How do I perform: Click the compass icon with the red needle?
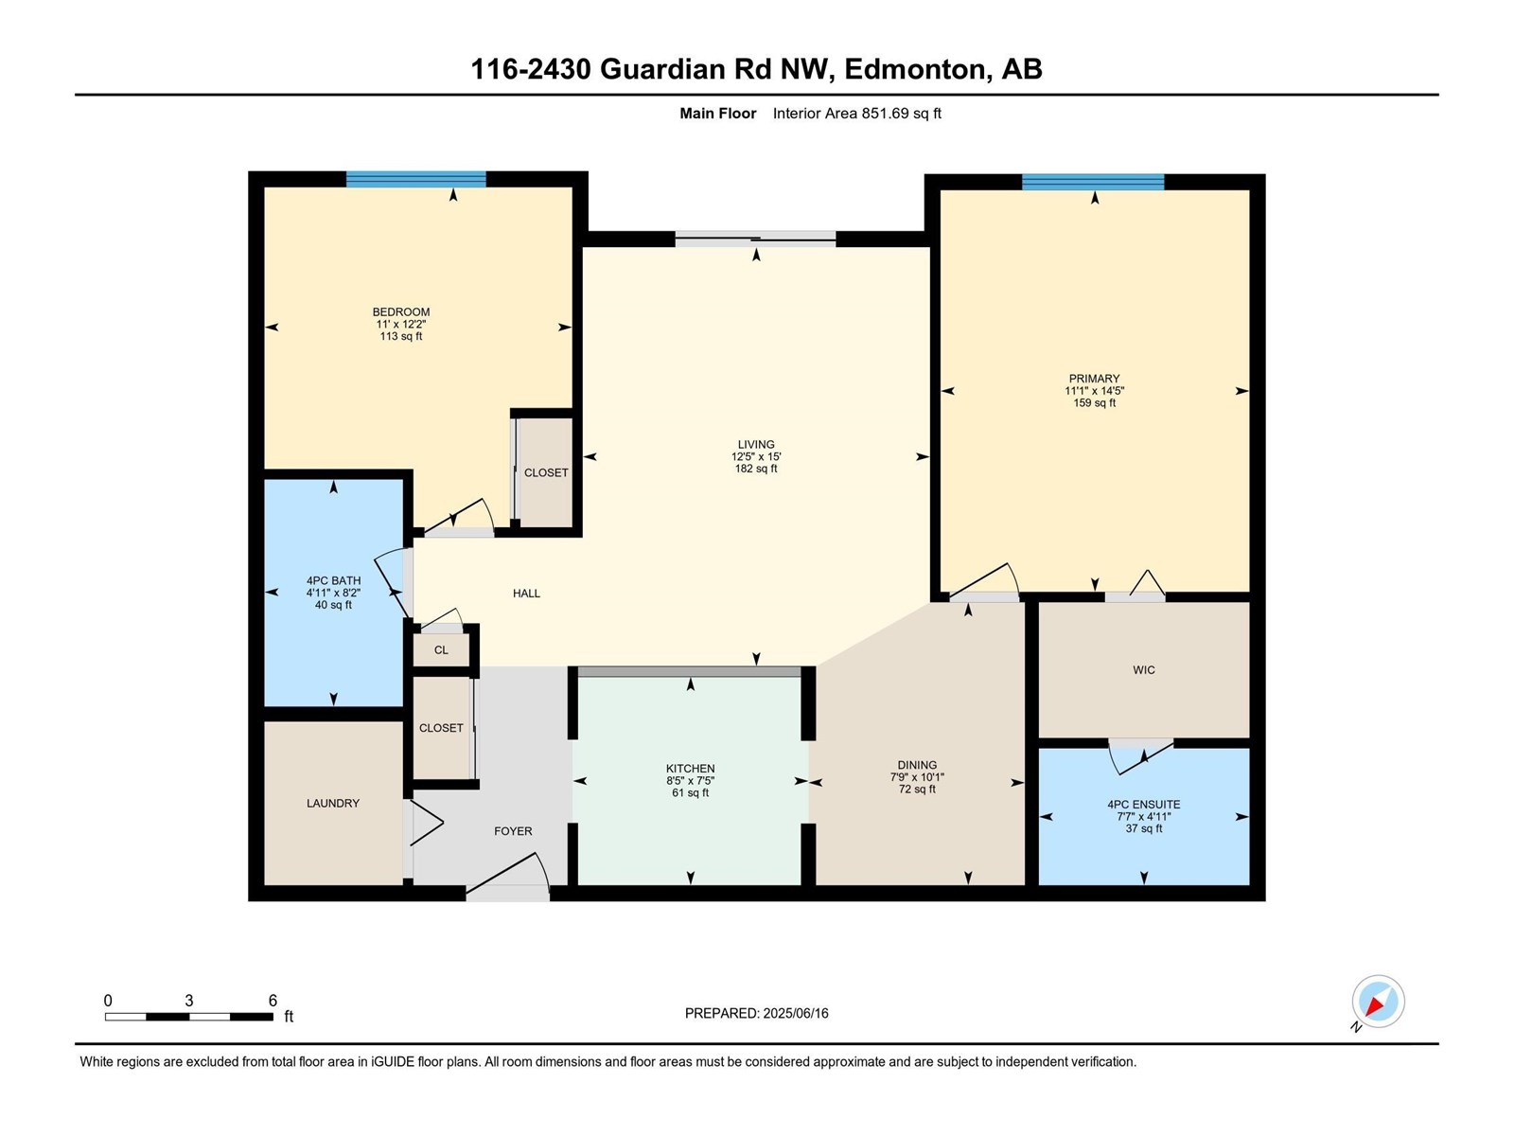click(1378, 1002)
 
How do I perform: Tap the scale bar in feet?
click(189, 1017)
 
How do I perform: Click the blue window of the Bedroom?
click(415, 179)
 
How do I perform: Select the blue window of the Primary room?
click(1093, 182)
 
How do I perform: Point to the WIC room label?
click(1143, 670)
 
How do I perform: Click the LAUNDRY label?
click(333, 803)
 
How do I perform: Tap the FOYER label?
click(513, 831)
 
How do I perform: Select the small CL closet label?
click(441, 650)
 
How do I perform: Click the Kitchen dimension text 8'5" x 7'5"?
click(690, 781)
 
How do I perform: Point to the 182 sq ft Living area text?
click(756, 469)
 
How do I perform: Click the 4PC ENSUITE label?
click(1143, 805)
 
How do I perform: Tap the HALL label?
click(526, 594)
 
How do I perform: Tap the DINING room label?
click(917, 765)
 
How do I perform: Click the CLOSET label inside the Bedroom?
click(546, 472)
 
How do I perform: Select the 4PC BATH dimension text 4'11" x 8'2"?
click(333, 593)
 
